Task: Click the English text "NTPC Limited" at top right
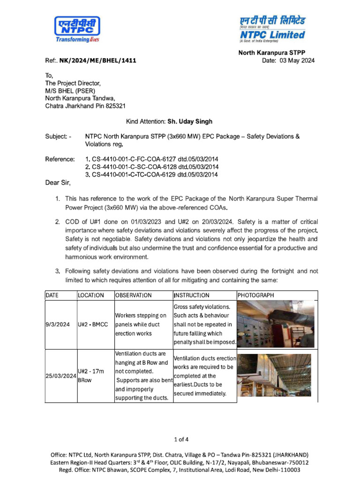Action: point(273,35)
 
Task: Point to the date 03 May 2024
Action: point(297,60)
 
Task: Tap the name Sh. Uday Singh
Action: point(190,121)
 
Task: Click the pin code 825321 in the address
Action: point(113,106)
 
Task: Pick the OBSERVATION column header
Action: point(134,295)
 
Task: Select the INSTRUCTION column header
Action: point(192,295)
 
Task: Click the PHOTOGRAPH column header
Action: point(256,295)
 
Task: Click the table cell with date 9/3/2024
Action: point(58,324)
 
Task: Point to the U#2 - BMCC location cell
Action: point(94,324)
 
